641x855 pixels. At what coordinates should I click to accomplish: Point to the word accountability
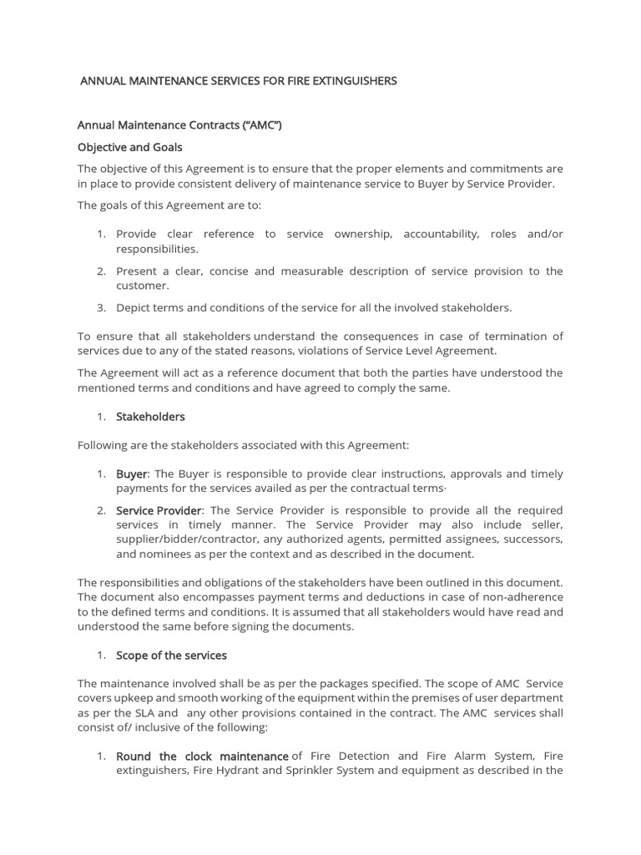click(x=441, y=235)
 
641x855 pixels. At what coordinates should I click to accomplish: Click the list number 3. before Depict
click(x=101, y=308)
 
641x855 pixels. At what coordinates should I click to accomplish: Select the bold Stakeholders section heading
click(x=150, y=416)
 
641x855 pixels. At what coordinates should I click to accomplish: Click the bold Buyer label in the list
click(x=131, y=473)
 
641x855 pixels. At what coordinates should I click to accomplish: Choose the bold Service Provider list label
click(x=159, y=510)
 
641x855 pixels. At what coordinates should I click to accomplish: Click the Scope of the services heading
click(x=171, y=655)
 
